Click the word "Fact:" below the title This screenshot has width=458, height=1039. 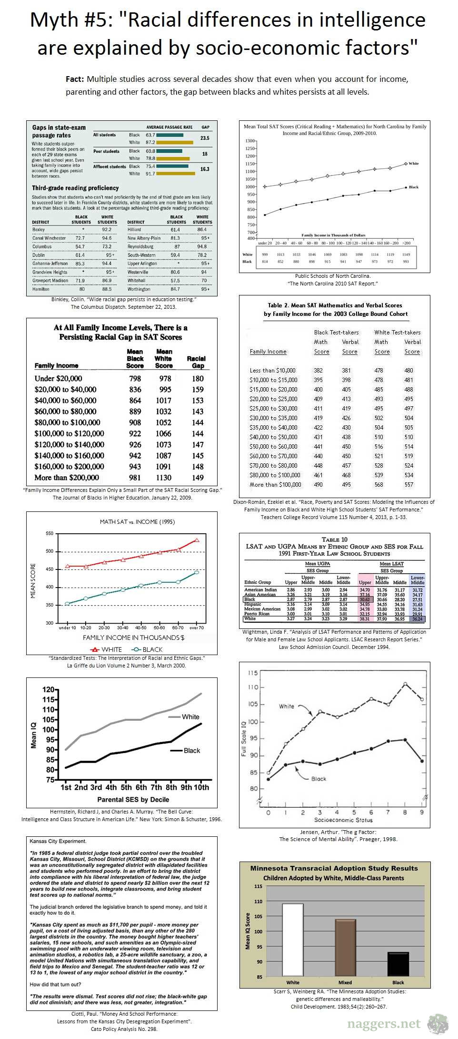coord(75,79)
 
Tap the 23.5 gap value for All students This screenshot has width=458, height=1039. coord(205,138)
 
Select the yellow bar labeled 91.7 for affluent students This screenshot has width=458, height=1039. coord(176,174)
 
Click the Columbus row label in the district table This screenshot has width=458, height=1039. coord(42,246)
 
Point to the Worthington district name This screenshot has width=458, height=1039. coord(139,289)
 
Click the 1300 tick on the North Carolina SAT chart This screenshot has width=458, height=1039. coord(249,141)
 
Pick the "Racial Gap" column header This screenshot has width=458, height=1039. coord(196,362)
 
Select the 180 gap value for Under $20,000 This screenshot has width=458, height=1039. coord(198,379)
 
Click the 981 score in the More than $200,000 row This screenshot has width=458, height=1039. coord(135,478)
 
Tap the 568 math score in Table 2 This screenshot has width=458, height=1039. coord(381,484)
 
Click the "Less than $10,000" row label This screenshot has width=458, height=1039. coord(272,370)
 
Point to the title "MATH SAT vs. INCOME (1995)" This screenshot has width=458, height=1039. coord(137,521)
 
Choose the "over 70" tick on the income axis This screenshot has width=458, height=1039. coord(196,628)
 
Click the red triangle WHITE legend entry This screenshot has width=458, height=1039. coord(106,649)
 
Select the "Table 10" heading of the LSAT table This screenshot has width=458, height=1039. coord(334,539)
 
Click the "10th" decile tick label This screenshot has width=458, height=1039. coord(201,787)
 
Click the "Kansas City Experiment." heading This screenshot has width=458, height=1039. coord(58,841)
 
